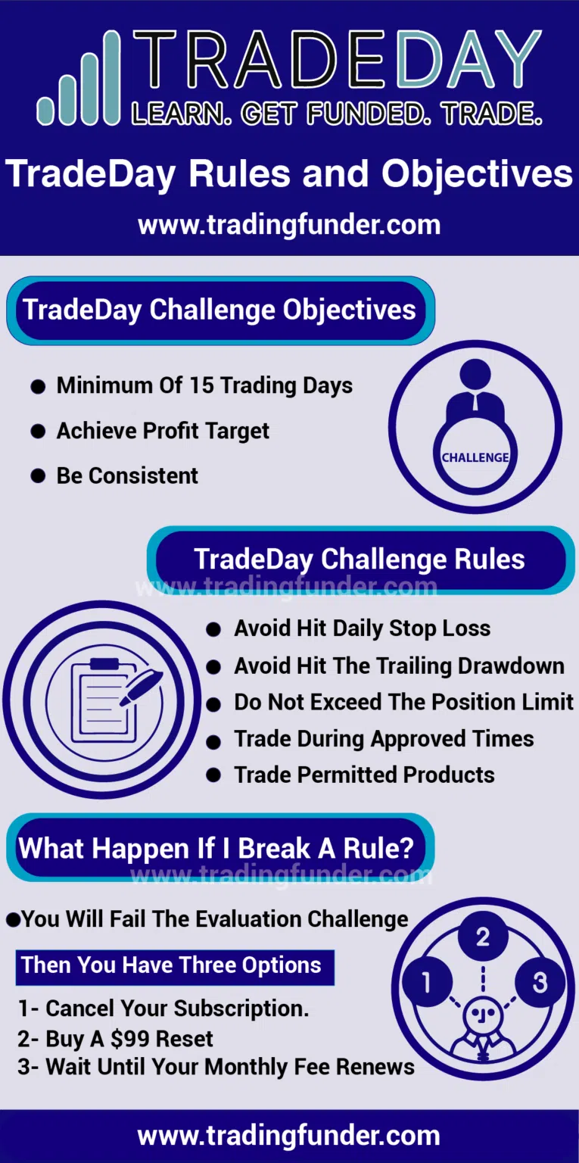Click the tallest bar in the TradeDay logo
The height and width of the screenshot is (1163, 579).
(x=112, y=77)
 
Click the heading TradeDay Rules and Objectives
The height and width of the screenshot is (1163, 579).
(x=289, y=174)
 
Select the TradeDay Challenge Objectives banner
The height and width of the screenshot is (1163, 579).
(x=220, y=310)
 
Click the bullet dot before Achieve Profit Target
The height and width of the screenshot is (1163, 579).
(x=38, y=432)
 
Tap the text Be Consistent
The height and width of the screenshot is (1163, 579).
(x=127, y=475)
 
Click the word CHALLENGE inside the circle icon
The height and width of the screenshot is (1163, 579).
(x=475, y=457)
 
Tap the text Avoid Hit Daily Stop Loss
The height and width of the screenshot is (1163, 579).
(x=362, y=628)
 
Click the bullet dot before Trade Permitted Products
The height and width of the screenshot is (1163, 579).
(x=213, y=775)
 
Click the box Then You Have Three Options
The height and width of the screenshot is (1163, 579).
(x=175, y=967)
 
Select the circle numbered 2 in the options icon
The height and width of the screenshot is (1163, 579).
(x=483, y=937)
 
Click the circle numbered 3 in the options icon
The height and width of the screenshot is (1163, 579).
(x=540, y=982)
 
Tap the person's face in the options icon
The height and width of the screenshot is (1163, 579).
(x=483, y=1015)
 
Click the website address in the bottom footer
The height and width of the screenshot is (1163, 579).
(x=289, y=1136)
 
